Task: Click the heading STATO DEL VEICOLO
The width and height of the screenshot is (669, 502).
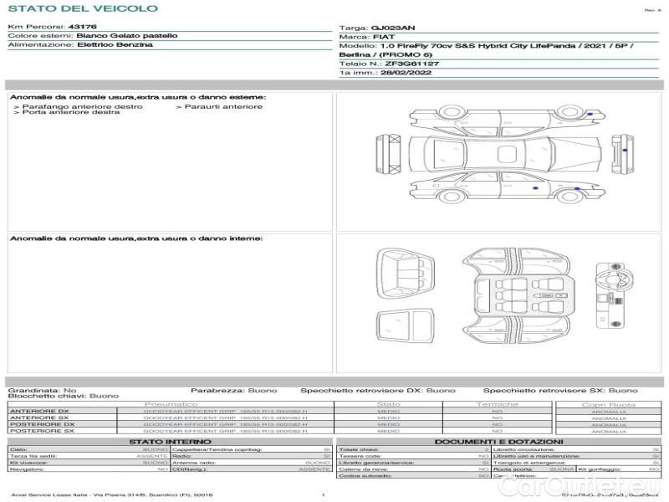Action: point(82,8)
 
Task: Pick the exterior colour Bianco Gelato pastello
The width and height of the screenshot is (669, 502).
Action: point(126,36)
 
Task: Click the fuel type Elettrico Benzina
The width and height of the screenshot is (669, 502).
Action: point(115,45)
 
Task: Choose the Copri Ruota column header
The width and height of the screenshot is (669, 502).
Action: point(609,405)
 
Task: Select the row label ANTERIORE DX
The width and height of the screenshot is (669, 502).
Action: point(38,411)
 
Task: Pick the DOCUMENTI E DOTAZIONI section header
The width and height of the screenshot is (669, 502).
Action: point(498,442)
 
